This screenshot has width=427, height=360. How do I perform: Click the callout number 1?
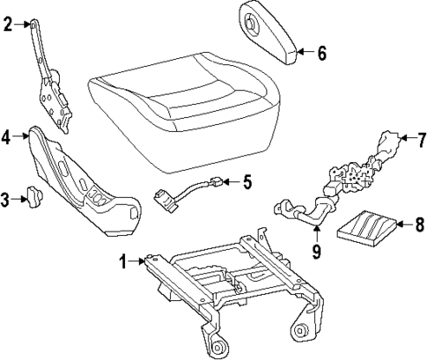124,261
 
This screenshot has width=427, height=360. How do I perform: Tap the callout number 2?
7,25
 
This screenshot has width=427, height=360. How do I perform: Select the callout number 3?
7,201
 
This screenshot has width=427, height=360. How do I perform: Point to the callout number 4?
7,137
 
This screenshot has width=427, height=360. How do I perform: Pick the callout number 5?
247,183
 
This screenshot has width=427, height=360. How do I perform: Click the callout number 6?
322,54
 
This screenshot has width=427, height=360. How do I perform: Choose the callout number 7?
421,138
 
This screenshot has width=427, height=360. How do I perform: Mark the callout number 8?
419,225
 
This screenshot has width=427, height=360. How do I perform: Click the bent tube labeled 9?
304,211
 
